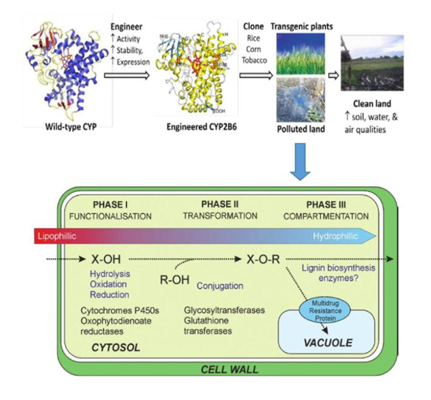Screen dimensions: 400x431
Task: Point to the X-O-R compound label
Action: [x=264, y=259]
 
